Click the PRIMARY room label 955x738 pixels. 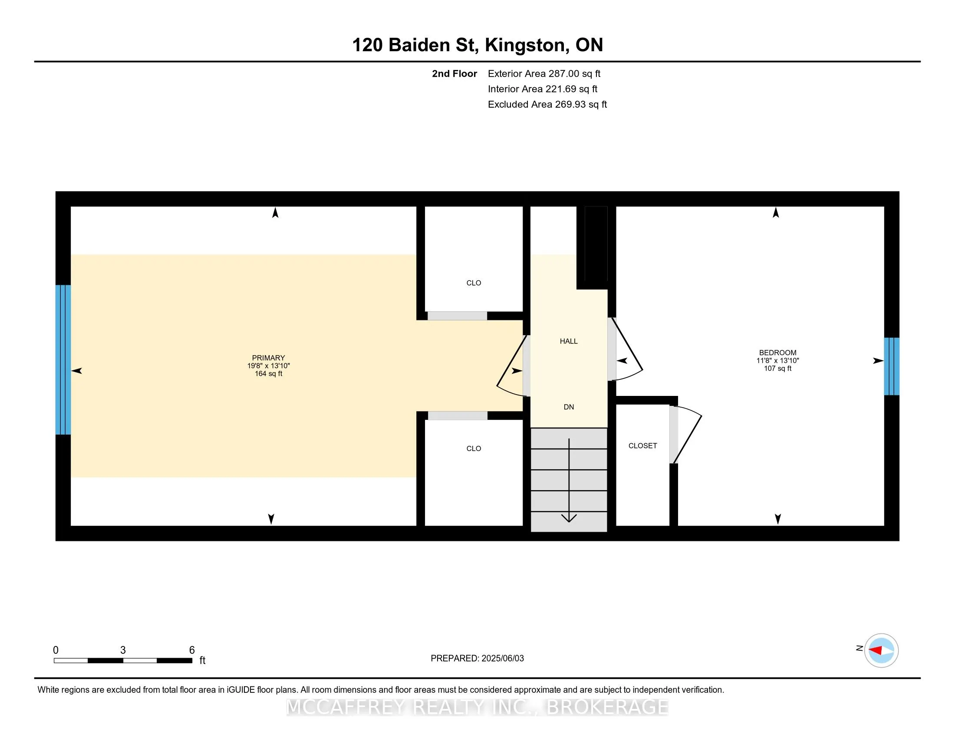click(x=268, y=358)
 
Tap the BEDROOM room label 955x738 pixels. click(x=777, y=353)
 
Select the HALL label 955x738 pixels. click(x=569, y=341)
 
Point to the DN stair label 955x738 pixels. click(x=569, y=407)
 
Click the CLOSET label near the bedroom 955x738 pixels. click(x=642, y=445)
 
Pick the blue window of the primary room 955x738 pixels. click(x=63, y=359)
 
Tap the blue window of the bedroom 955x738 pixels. click(x=892, y=366)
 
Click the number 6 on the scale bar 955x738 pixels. click(x=191, y=650)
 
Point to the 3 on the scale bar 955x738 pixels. click(x=123, y=650)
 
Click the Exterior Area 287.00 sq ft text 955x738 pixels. click(x=544, y=73)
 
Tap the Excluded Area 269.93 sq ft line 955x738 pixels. click(x=547, y=104)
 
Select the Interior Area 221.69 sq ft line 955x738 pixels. click(x=543, y=89)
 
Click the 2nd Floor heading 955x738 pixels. click(x=454, y=73)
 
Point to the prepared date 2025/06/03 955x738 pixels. click(x=502, y=659)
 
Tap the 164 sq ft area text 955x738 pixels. click(x=268, y=374)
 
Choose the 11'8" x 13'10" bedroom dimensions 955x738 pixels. click(x=777, y=361)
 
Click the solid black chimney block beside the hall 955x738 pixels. click(x=596, y=247)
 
